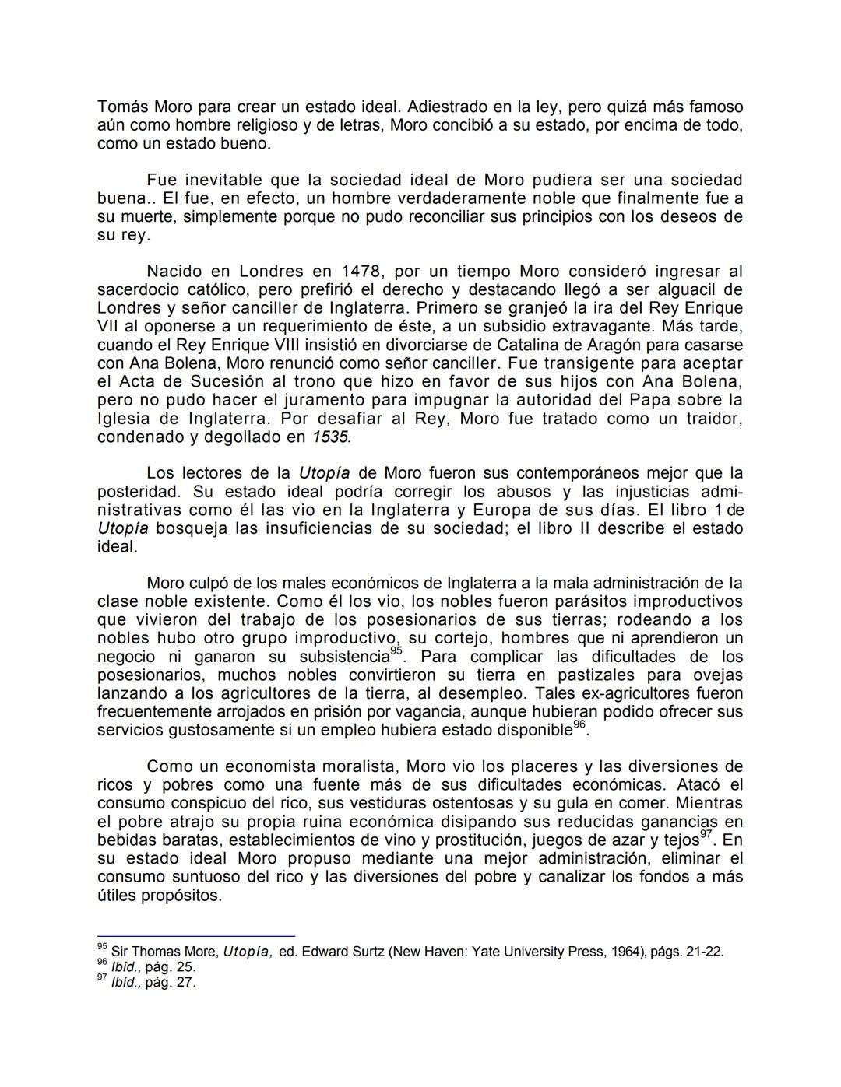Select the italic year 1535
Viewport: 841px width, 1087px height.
pyautogui.click(x=331, y=437)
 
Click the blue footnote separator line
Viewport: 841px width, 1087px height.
pyautogui.click(x=195, y=935)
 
